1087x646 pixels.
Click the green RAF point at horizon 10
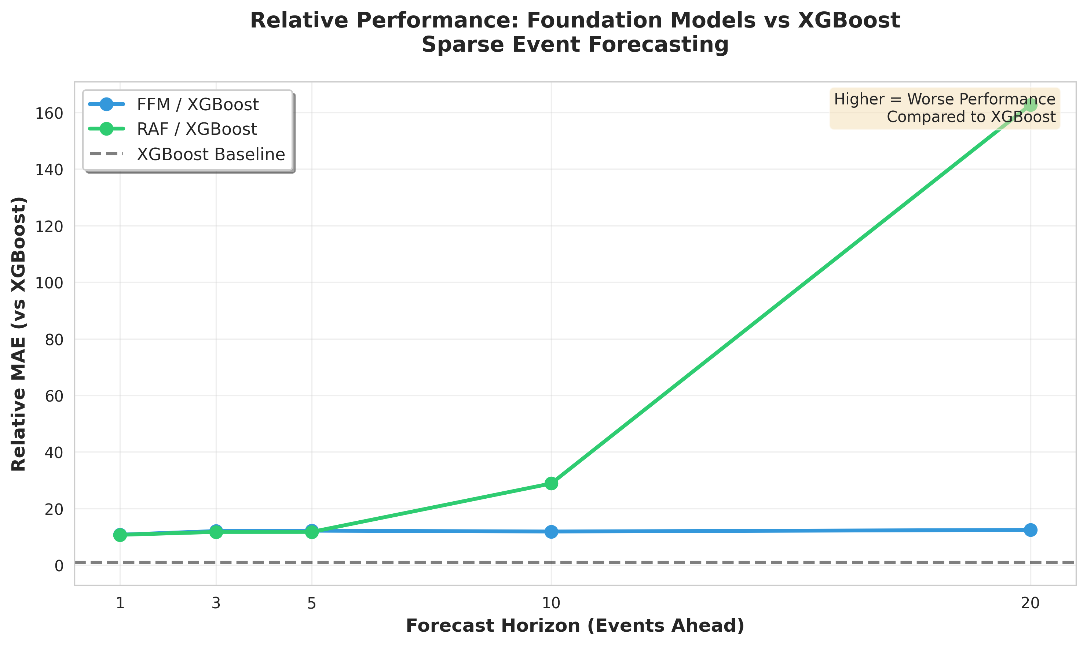tap(551, 483)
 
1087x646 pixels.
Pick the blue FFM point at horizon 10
tap(551, 532)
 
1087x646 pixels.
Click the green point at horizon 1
tap(120, 535)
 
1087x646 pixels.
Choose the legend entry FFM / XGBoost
tap(197, 104)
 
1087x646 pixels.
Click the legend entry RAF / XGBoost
tap(197, 129)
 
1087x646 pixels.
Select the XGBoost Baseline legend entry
tap(211, 154)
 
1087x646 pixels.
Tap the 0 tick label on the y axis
tap(59, 565)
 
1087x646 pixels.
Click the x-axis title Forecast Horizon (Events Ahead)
tap(575, 625)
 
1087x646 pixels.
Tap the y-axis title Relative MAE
tap(19, 334)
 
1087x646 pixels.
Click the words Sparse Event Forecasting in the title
tap(575, 44)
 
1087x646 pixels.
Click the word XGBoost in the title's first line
tap(848, 20)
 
